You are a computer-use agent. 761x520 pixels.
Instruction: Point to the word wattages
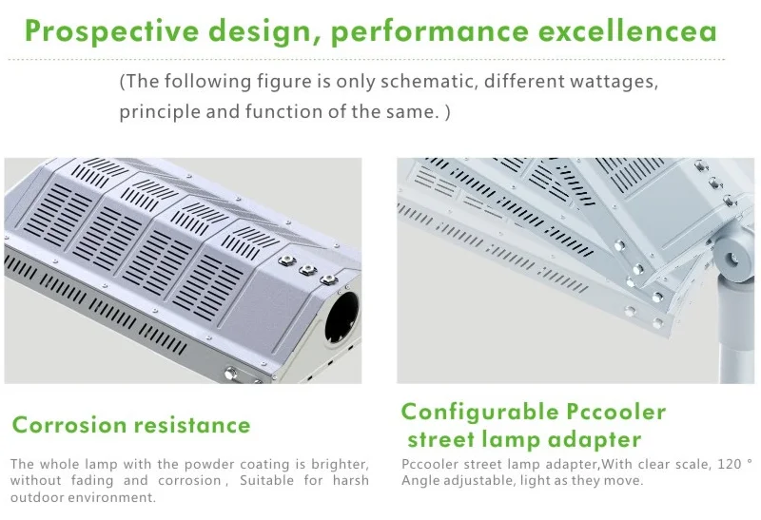613,82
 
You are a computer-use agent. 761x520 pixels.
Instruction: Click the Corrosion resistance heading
131,425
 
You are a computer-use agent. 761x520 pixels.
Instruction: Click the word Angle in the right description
421,481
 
